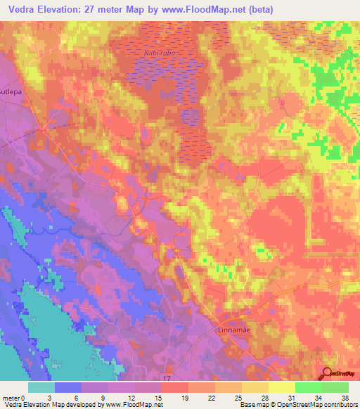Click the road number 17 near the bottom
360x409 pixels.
[167, 378]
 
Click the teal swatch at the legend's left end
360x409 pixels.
[41, 387]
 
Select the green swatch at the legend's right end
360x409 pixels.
[335, 387]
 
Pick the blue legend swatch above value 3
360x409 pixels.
[68, 387]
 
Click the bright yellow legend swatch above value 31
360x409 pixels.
[281, 387]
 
